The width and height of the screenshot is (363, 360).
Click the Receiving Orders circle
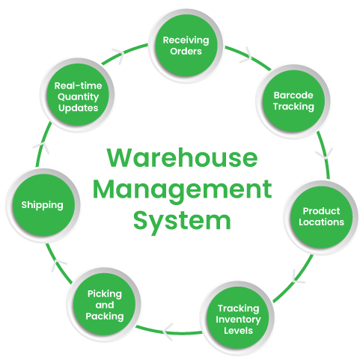[x=186, y=46]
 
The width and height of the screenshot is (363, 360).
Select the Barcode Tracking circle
[x=293, y=101]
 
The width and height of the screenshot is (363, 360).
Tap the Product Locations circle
[x=321, y=217]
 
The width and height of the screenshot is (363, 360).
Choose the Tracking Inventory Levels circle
[x=238, y=318]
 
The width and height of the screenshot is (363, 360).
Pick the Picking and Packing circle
[x=104, y=304]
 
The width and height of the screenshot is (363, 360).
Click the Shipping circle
[x=43, y=205]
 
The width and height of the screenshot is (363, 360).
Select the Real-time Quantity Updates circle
[x=78, y=95]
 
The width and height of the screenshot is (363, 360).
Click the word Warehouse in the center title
[x=182, y=158]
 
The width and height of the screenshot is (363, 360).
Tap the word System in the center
[x=182, y=220]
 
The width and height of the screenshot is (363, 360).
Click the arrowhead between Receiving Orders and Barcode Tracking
[x=247, y=55]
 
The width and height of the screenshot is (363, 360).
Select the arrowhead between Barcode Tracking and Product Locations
[x=325, y=153]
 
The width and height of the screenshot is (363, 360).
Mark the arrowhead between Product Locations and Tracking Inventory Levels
[x=297, y=277]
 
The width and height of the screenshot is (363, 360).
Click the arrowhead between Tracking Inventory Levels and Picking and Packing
[x=168, y=332]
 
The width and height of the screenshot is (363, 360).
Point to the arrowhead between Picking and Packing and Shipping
[x=58, y=264]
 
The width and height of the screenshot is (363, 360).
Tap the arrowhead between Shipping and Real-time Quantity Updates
[x=41, y=147]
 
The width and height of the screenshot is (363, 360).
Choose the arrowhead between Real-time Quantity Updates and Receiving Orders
[x=119, y=55]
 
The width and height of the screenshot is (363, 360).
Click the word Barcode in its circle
[x=293, y=95]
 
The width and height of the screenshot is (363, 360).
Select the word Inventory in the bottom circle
[x=238, y=320]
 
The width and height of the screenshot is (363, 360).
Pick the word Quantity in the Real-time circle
[x=78, y=97]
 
